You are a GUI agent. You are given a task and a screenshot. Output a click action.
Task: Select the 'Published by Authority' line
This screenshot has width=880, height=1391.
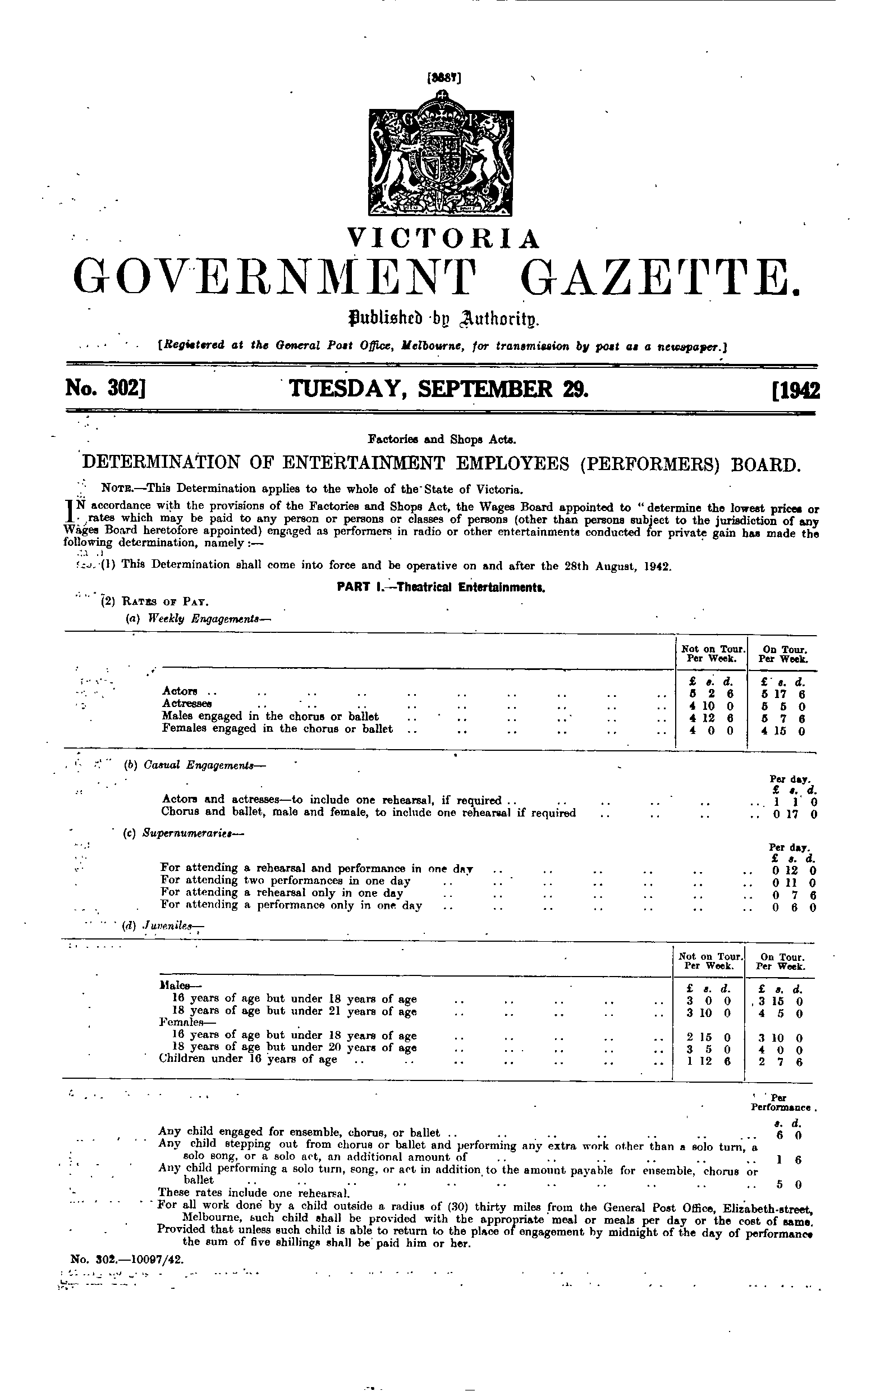[x=439, y=318]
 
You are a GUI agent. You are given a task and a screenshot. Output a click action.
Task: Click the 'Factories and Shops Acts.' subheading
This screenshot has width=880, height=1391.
[x=441, y=439]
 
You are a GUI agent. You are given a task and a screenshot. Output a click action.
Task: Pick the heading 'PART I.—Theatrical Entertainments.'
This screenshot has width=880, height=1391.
[x=441, y=588]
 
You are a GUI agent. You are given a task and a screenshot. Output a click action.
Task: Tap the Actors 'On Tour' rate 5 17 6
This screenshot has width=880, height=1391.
[x=783, y=694]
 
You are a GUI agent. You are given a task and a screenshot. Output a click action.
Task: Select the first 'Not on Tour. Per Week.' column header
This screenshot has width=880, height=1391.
[x=711, y=653]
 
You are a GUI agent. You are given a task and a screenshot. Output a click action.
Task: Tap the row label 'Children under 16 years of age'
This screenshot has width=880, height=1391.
[x=247, y=1060]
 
